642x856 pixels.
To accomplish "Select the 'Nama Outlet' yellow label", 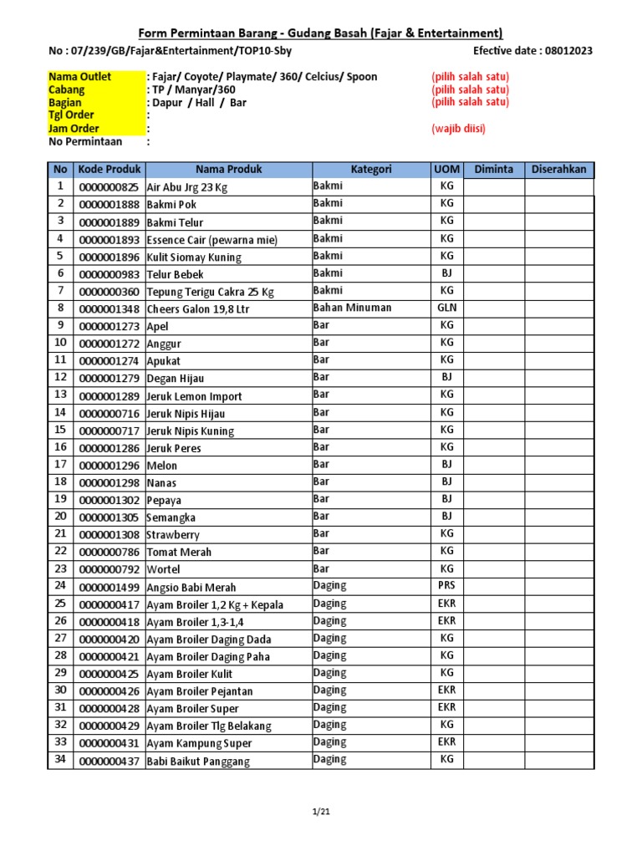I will [x=79, y=77].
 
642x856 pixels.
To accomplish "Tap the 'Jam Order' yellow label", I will [x=74, y=129].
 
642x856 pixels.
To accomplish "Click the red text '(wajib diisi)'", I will [x=458, y=129].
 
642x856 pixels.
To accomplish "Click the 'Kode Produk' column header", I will [x=110, y=170].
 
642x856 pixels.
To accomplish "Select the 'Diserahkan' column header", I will [x=559, y=170].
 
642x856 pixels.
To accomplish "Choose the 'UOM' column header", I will [x=446, y=170].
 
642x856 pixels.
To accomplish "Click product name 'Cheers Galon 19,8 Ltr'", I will [x=197, y=309].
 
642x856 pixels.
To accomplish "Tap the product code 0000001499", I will [x=110, y=588].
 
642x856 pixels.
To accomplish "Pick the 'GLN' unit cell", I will [x=446, y=308].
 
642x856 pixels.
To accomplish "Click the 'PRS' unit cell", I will [x=446, y=586].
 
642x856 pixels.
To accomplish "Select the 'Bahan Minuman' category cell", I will [x=353, y=308].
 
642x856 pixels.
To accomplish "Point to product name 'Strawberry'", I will [x=173, y=535].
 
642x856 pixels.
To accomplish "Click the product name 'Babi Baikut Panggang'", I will [x=198, y=762].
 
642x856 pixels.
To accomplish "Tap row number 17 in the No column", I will [x=60, y=464].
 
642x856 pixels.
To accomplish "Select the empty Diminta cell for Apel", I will [x=493, y=325].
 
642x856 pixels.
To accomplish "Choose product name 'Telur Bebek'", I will [x=175, y=274].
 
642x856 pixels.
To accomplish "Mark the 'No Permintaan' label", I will [x=86, y=142].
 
